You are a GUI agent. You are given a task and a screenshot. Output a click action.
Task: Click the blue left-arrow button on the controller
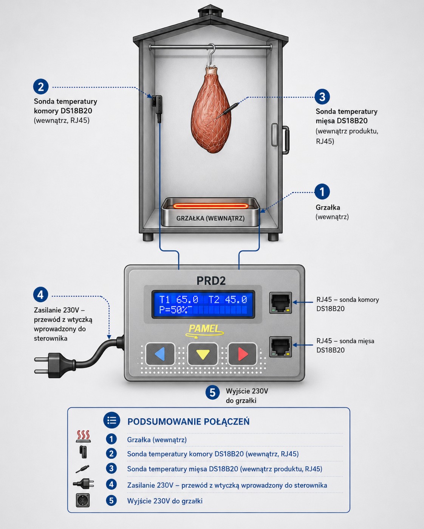[x=160, y=354]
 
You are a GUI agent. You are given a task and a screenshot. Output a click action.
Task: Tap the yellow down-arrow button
[x=203, y=354]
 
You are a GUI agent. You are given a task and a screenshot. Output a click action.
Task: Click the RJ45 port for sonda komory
[x=280, y=303]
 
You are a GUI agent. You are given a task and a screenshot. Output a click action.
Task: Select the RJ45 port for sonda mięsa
[x=280, y=347]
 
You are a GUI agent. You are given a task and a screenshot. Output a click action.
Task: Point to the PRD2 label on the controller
[x=211, y=281]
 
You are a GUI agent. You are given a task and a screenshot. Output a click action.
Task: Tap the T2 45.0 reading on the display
[x=227, y=300]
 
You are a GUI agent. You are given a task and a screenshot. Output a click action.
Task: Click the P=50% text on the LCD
[x=173, y=310]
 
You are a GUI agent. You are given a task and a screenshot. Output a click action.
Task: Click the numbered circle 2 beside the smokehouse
[x=41, y=86]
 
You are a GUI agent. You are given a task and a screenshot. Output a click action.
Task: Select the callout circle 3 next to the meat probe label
[x=322, y=97]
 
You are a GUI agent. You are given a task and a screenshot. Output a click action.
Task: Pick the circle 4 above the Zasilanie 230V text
[x=41, y=295]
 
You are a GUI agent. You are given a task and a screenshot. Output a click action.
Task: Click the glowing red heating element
[x=210, y=206]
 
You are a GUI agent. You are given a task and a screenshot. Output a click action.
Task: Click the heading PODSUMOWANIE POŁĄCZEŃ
[x=188, y=421]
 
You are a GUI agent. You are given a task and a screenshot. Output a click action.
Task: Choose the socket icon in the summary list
[x=83, y=500]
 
